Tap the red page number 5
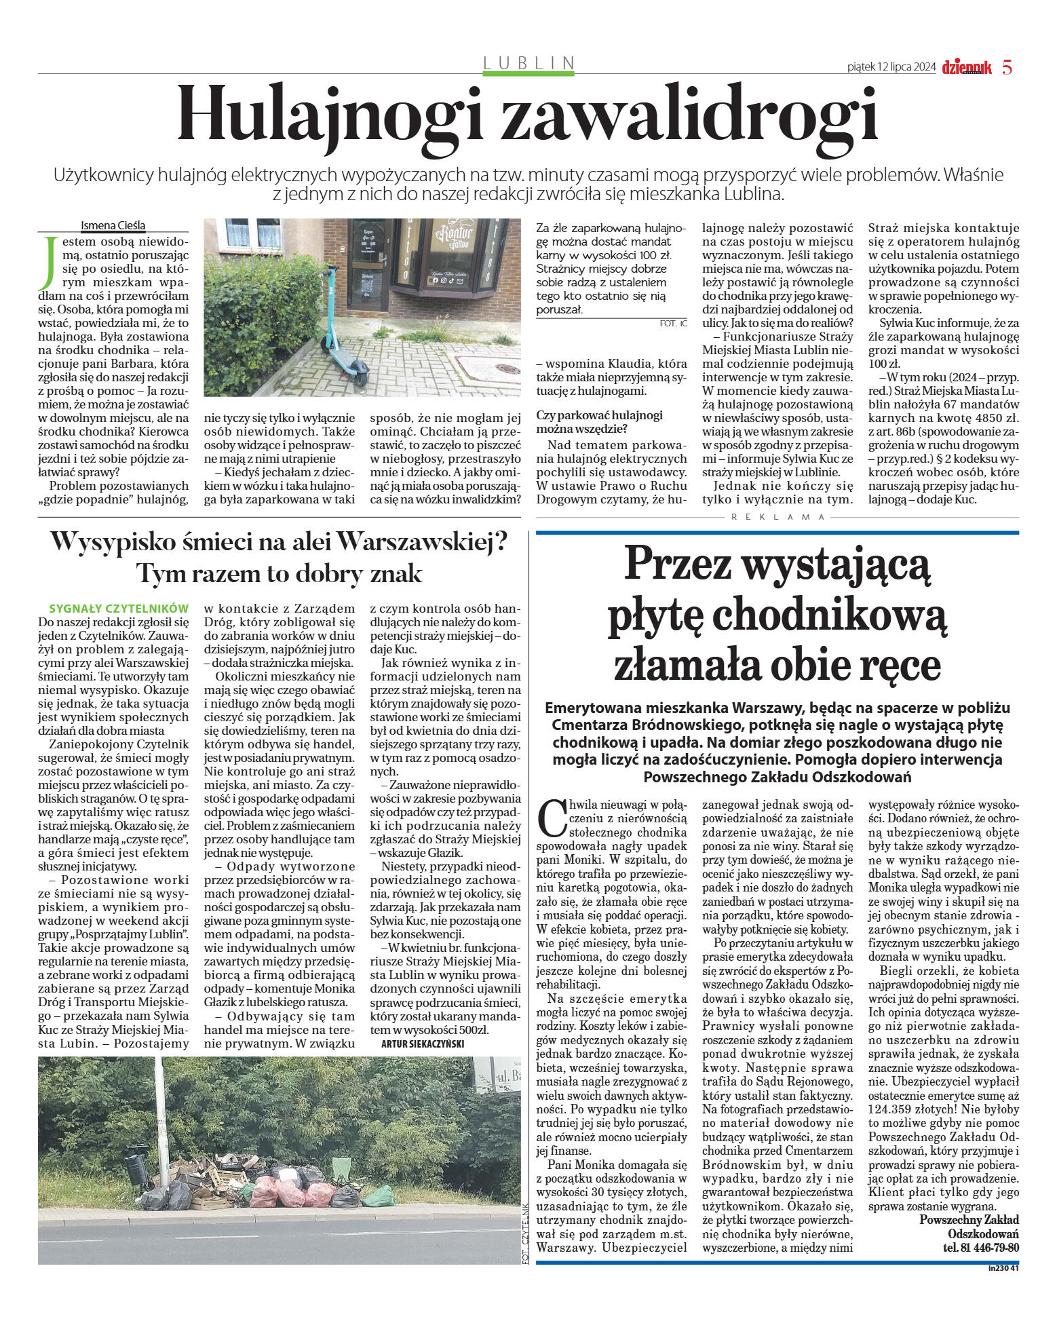point(1007,67)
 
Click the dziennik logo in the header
point(967,67)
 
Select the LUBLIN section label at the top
point(528,63)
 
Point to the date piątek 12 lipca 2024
point(891,67)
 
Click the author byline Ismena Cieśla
point(113,226)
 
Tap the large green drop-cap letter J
point(47,263)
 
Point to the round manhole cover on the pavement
point(507,368)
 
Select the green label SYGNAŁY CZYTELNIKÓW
point(119,609)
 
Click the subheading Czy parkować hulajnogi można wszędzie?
point(599,422)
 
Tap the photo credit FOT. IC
point(673,324)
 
